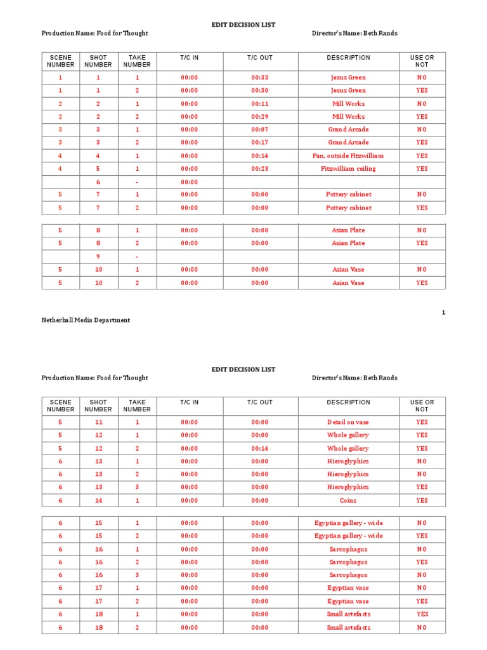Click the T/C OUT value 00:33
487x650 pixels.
260,77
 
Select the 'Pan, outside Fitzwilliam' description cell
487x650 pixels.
348,156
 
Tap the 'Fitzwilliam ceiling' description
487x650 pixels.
348,169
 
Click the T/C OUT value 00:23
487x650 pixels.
260,169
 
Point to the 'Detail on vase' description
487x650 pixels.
348,422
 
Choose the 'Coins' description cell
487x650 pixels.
348,500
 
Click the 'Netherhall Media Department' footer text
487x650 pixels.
86,320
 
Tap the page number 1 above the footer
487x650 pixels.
444,312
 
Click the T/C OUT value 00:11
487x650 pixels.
260,103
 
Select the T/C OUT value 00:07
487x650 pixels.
260,129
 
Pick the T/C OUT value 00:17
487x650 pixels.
260,142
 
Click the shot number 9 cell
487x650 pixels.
98,256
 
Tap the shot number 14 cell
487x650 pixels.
98,500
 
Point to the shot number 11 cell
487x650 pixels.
98,422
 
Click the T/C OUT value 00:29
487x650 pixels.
260,117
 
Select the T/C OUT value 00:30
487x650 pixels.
260,90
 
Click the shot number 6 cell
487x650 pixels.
98,182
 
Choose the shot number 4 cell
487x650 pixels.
98,156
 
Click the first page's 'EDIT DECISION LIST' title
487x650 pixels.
243,25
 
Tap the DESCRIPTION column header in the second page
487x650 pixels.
348,402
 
